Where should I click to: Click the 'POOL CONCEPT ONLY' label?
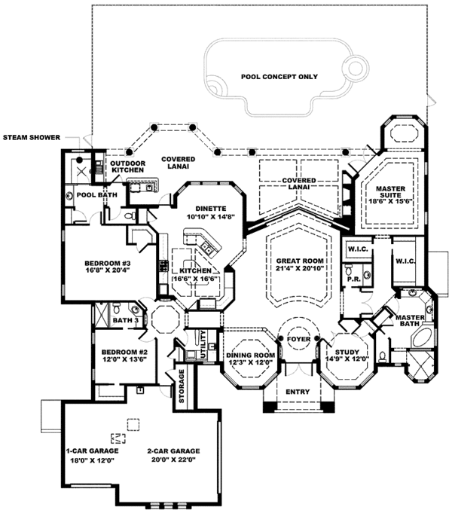click(279, 77)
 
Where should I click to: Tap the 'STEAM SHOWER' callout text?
click(34, 138)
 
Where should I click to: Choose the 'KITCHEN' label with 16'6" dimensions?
click(194, 270)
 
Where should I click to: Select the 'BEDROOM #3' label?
click(107, 263)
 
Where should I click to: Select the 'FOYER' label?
click(299, 339)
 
